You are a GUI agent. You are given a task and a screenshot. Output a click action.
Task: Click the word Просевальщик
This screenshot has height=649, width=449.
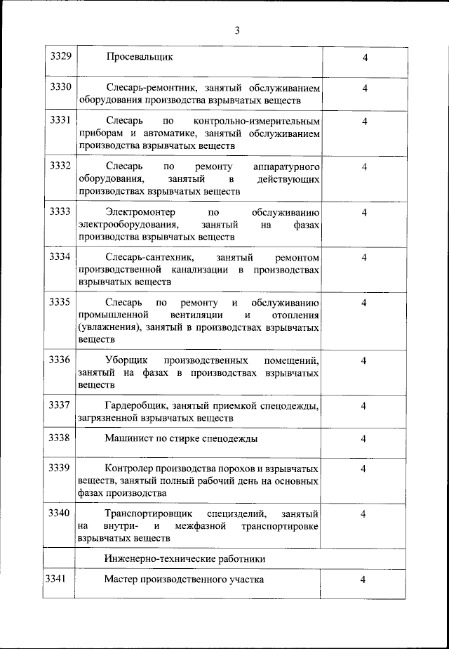pyautogui.click(x=140, y=56)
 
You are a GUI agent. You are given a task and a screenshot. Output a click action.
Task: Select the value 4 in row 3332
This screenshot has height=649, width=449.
pyautogui.click(x=364, y=166)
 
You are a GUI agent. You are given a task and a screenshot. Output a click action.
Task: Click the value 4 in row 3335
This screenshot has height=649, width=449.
pyautogui.click(x=364, y=303)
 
